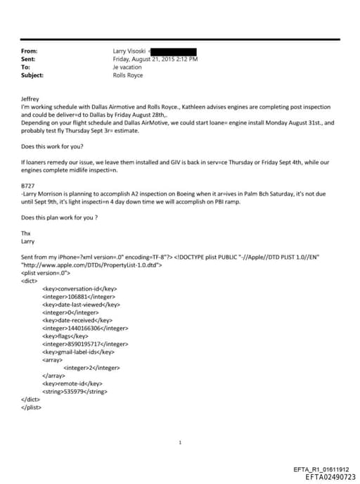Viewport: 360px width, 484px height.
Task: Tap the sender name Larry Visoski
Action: [x=128, y=51]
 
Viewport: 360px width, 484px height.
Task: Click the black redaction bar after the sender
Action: [x=173, y=51]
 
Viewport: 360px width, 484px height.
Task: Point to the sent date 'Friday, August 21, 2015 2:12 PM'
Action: [x=155, y=59]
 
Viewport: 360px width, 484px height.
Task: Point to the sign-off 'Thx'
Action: [x=26, y=233]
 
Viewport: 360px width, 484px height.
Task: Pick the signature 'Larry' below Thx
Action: [x=28, y=241]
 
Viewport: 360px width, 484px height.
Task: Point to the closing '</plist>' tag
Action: [x=32, y=407]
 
